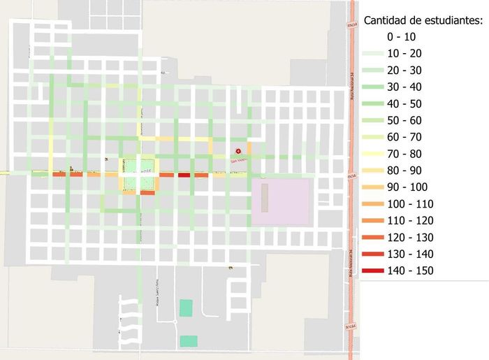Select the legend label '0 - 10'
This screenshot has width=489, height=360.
click(x=402, y=36)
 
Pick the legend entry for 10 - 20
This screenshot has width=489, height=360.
click(x=405, y=53)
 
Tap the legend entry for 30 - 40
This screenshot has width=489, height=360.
click(x=405, y=87)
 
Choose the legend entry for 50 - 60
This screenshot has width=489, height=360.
click(x=405, y=120)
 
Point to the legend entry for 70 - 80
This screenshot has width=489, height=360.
click(x=405, y=154)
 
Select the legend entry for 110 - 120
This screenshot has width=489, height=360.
click(x=410, y=220)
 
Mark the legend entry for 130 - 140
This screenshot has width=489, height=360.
click(x=410, y=254)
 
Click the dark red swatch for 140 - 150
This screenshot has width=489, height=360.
click(x=374, y=271)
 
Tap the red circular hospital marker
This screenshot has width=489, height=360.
click(x=238, y=150)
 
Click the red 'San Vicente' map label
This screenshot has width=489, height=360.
click(x=239, y=159)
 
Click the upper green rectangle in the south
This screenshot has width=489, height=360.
click(x=185, y=307)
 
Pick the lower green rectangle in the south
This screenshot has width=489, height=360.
click(x=188, y=340)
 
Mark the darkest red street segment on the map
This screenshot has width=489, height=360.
click(x=184, y=175)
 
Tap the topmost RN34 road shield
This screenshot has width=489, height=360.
click(x=351, y=25)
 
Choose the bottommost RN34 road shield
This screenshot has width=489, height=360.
click(x=351, y=326)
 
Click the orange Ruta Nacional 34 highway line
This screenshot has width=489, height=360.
click(x=351, y=231)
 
